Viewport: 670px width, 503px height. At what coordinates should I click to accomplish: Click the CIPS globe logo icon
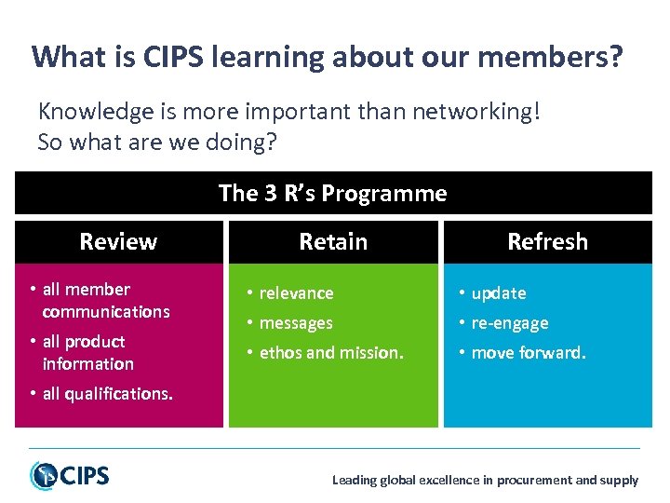(44, 475)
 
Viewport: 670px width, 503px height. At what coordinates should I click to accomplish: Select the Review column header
(118, 242)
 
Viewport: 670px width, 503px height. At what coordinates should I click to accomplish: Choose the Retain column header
(333, 242)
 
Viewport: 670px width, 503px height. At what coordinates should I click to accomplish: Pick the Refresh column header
(547, 242)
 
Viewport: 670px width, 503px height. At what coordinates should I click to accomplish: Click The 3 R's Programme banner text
(332, 194)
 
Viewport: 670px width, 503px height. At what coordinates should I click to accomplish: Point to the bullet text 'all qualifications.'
(107, 393)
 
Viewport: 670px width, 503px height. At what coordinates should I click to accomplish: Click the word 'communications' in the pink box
(106, 311)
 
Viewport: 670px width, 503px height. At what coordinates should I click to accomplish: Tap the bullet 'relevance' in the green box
(296, 292)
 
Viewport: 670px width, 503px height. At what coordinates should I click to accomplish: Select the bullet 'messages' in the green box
(296, 322)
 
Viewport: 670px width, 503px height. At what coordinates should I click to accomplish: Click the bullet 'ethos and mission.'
(332, 352)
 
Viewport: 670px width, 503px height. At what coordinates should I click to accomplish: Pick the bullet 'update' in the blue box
(499, 292)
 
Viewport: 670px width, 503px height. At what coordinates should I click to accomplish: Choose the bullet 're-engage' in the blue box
(510, 322)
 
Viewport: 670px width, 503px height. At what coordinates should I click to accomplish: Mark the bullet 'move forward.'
(529, 352)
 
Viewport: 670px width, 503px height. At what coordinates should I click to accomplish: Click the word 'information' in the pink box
(88, 363)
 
